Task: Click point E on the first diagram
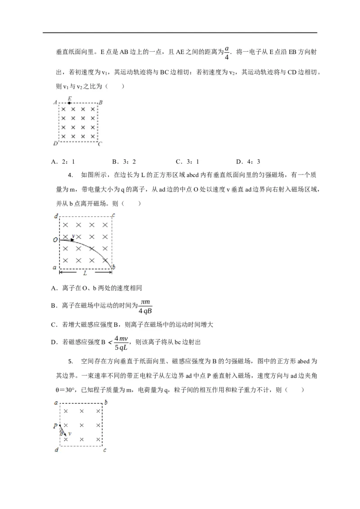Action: [69, 103]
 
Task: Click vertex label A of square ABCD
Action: [55, 103]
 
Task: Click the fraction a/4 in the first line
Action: [227, 53]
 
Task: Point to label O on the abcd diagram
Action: [55, 240]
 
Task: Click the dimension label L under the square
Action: [84, 274]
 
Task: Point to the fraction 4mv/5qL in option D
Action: [121, 342]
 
